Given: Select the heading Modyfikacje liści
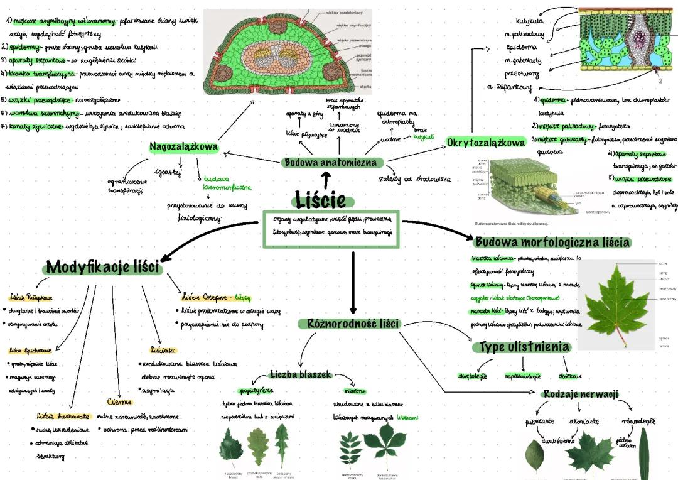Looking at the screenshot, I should [104, 268].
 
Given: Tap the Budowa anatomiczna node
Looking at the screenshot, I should [332, 163].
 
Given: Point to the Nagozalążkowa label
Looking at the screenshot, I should [184, 147].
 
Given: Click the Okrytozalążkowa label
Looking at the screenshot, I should [486, 143].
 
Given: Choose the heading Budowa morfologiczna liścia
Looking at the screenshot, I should [552, 243].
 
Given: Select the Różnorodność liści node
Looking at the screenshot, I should [353, 324].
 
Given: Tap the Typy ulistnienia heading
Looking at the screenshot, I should [525, 347].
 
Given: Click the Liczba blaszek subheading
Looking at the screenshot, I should [300, 374].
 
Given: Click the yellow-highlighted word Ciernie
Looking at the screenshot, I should [119, 401].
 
